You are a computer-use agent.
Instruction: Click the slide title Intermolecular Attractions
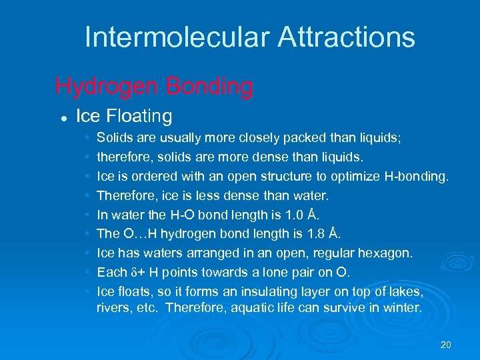click(x=249, y=37)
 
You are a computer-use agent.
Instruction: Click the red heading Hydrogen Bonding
click(x=154, y=86)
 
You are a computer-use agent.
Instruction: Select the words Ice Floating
click(x=124, y=116)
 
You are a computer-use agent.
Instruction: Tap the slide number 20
click(x=446, y=345)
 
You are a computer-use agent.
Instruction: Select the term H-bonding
click(x=417, y=177)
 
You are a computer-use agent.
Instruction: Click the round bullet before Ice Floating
click(x=61, y=117)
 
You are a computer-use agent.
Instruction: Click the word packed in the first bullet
click(x=301, y=139)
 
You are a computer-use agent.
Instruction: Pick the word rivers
click(x=113, y=307)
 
